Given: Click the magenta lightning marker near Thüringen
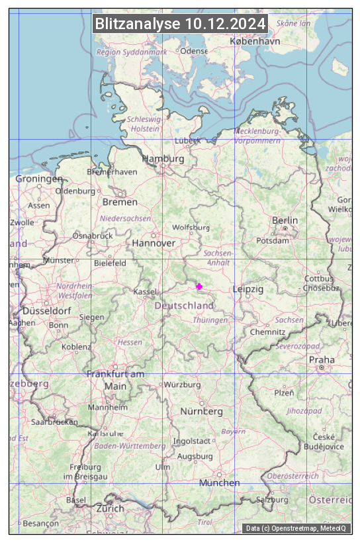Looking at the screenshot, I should [x=199, y=286].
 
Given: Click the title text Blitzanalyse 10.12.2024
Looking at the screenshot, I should [x=180, y=24].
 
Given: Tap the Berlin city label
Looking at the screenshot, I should [x=285, y=220].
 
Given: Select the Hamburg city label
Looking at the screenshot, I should [x=163, y=159].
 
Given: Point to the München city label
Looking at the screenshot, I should [x=219, y=482].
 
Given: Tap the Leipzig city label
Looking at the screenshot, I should [x=248, y=289].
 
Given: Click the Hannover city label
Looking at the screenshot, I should [x=154, y=243].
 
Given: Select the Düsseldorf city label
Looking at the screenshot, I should [x=46, y=310].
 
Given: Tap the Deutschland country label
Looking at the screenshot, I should [x=184, y=306].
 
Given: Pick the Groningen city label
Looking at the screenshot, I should [x=39, y=179].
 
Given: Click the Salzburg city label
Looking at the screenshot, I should [x=272, y=500].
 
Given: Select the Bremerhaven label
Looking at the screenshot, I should [x=112, y=171].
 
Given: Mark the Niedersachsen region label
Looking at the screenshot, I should [x=125, y=218].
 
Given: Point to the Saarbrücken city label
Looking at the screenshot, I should [x=54, y=421].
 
